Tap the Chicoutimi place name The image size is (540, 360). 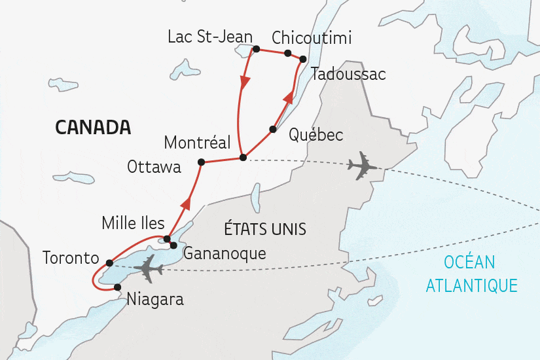(311, 38)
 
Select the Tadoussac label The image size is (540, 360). (348, 73)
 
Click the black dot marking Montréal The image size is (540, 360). (243, 157)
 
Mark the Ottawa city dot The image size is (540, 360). (201, 162)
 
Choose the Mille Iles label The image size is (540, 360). (133, 223)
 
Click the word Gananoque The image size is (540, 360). (225, 253)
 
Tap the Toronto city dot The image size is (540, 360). (109, 263)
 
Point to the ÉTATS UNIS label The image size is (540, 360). (266, 229)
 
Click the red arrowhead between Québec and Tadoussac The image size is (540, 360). (287, 99)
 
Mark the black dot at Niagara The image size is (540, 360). (117, 287)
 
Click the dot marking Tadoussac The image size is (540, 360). (302, 60)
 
